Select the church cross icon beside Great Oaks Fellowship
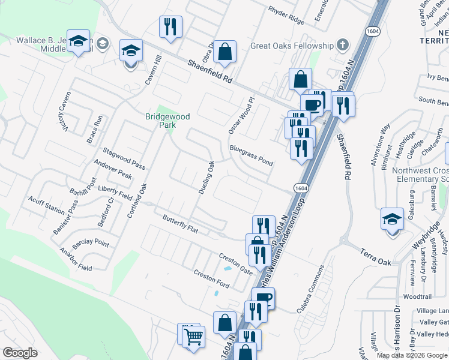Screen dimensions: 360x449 pyautogui.click(x=342, y=44)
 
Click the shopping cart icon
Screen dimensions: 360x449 pyautogui.click(x=193, y=337)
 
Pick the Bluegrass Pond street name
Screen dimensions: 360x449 pyautogui.click(x=251, y=155)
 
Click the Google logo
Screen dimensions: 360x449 pyautogui.click(x=20, y=353)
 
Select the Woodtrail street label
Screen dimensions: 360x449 pyautogui.click(x=417, y=296)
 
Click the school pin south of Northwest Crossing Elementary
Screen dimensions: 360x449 pyautogui.click(x=392, y=218)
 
